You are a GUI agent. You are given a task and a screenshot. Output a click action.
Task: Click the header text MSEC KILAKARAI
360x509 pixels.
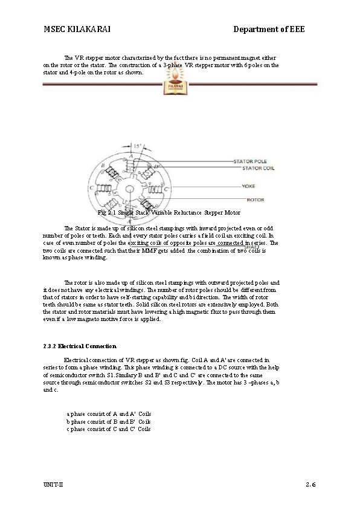click(x=76, y=30)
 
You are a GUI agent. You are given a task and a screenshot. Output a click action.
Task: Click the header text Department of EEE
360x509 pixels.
click(x=269, y=30)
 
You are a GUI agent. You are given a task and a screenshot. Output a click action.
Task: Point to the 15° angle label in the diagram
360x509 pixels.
click(x=137, y=147)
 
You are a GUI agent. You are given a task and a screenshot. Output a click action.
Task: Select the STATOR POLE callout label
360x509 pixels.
click(x=250, y=161)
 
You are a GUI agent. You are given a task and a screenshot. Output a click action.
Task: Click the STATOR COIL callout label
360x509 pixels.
click(x=250, y=169)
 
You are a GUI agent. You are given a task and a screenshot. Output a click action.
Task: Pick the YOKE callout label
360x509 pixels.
click(x=248, y=186)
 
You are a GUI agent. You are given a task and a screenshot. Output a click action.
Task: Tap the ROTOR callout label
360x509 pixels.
click(x=256, y=199)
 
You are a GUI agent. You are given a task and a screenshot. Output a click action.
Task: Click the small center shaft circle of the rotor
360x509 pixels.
click(x=130, y=188)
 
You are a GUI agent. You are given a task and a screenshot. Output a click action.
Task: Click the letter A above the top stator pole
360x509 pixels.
click(x=130, y=157)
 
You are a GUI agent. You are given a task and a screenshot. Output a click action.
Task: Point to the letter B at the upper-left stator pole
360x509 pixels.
click(x=103, y=165)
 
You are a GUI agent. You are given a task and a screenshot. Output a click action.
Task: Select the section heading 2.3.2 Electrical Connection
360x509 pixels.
click(x=80, y=346)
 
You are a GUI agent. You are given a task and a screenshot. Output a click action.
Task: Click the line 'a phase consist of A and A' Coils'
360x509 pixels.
click(x=109, y=414)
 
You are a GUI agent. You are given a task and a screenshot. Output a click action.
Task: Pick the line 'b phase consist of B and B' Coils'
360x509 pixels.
click(x=109, y=421)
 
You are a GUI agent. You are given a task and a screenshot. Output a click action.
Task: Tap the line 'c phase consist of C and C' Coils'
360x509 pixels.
click(x=109, y=429)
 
